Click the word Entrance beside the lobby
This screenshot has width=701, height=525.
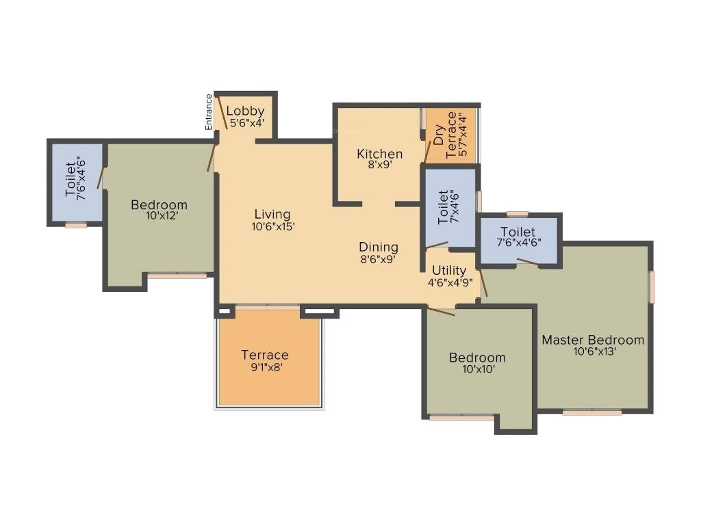[x=209, y=111]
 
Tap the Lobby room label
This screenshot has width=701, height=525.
[x=245, y=111]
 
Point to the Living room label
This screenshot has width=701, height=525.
[x=272, y=215]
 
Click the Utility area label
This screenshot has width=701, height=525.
[x=449, y=271]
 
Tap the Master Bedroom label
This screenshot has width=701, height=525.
[x=593, y=340]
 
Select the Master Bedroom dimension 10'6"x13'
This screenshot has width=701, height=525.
[x=593, y=351]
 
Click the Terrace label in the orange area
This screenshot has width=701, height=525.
[x=265, y=355]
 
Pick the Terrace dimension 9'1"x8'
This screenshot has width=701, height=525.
[x=265, y=366]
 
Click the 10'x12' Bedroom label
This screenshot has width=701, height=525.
[x=159, y=205]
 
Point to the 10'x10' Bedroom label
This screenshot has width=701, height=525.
[x=477, y=358]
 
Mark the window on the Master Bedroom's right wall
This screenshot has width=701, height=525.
[x=652, y=286]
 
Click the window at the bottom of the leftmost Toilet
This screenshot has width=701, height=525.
[x=76, y=225]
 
